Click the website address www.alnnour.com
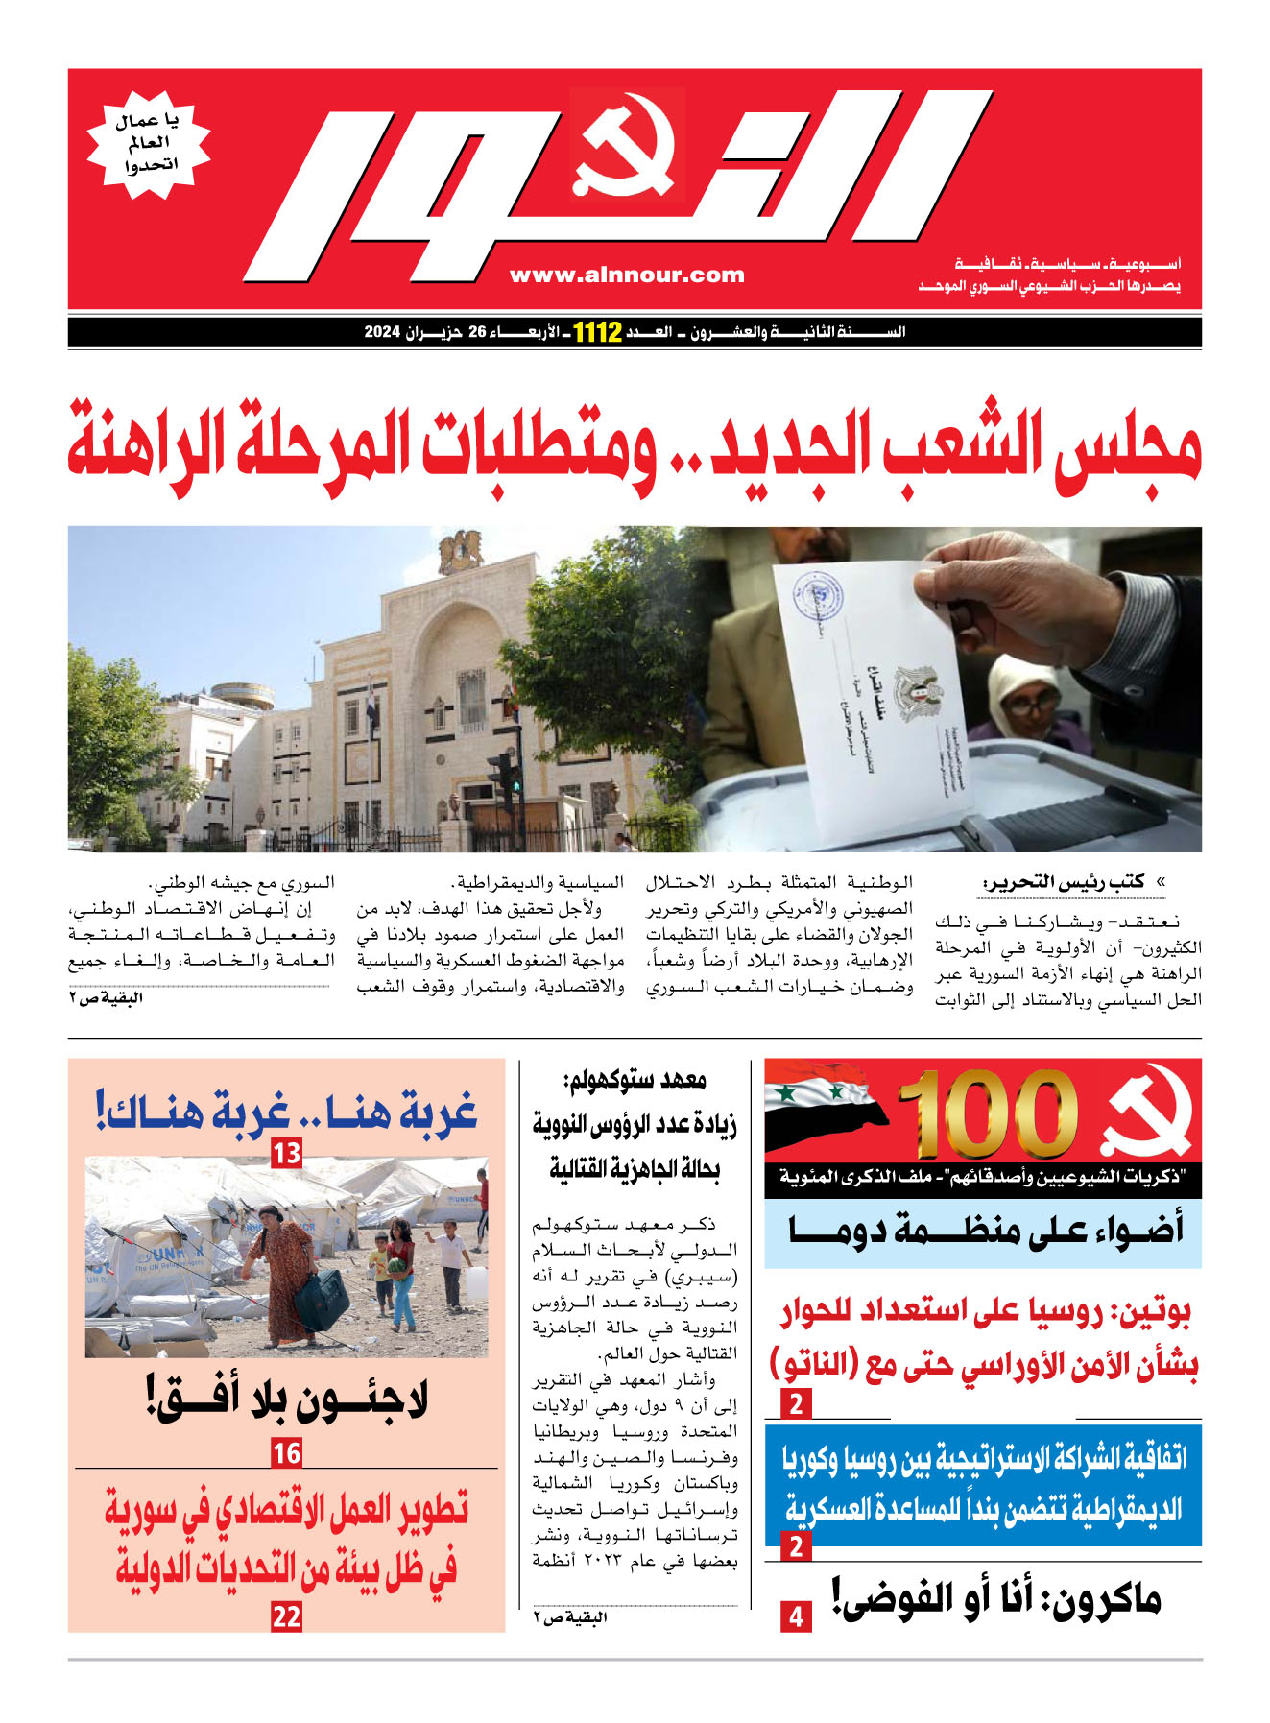[x=627, y=275]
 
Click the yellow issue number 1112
[x=597, y=333]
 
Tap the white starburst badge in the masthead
[x=148, y=145]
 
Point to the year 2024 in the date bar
[x=381, y=333]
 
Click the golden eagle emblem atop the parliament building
[x=460, y=551]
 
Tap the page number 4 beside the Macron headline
[x=796, y=1617]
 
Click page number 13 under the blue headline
[x=286, y=1152]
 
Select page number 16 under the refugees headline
[x=286, y=1453]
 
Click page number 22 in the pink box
[x=286, y=1617]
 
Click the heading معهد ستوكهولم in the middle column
[x=635, y=1081]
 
